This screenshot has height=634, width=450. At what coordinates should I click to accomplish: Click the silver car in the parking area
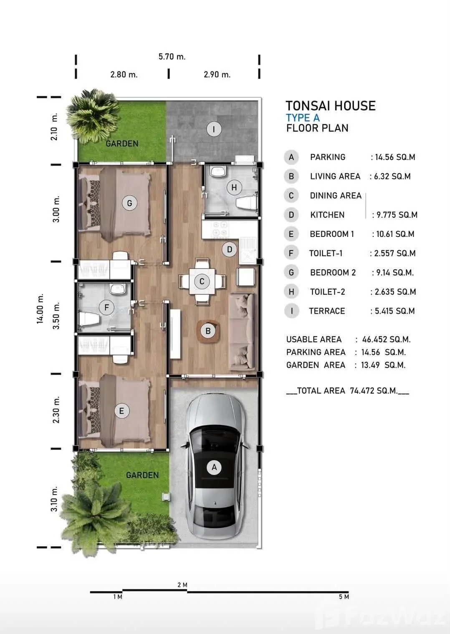pyautogui.click(x=214, y=466)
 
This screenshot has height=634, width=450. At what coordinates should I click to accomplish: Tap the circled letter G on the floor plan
pyautogui.click(x=129, y=203)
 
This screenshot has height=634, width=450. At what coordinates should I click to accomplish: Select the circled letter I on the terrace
pyautogui.click(x=214, y=129)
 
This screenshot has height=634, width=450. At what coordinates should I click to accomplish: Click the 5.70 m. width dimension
pyautogui.click(x=172, y=57)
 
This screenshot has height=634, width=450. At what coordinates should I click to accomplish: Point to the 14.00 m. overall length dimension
pyautogui.click(x=40, y=309)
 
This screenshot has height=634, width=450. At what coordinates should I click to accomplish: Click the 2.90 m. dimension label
pyautogui.click(x=217, y=74)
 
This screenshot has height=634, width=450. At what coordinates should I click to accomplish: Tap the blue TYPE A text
pyautogui.click(x=303, y=118)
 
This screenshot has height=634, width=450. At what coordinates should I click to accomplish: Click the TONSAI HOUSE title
pyautogui.click(x=331, y=106)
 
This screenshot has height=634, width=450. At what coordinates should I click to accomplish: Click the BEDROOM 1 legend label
pyautogui.click(x=332, y=234)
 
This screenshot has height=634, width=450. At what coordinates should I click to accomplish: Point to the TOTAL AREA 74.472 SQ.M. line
pyautogui.click(x=347, y=391)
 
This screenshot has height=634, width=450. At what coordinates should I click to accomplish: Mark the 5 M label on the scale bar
pyautogui.click(x=344, y=596)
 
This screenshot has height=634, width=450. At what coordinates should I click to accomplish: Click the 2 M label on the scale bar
pyautogui.click(x=182, y=585)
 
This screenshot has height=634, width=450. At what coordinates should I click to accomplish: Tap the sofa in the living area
pyautogui.click(x=242, y=332)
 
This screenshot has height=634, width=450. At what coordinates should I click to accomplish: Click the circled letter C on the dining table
pyautogui.click(x=202, y=281)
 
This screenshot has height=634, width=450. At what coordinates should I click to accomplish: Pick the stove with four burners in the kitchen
pyautogui.click(x=220, y=229)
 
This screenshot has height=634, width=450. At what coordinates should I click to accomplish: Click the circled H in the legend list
pyautogui.click(x=291, y=292)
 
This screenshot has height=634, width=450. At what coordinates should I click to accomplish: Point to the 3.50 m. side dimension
pyautogui.click(x=56, y=315)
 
